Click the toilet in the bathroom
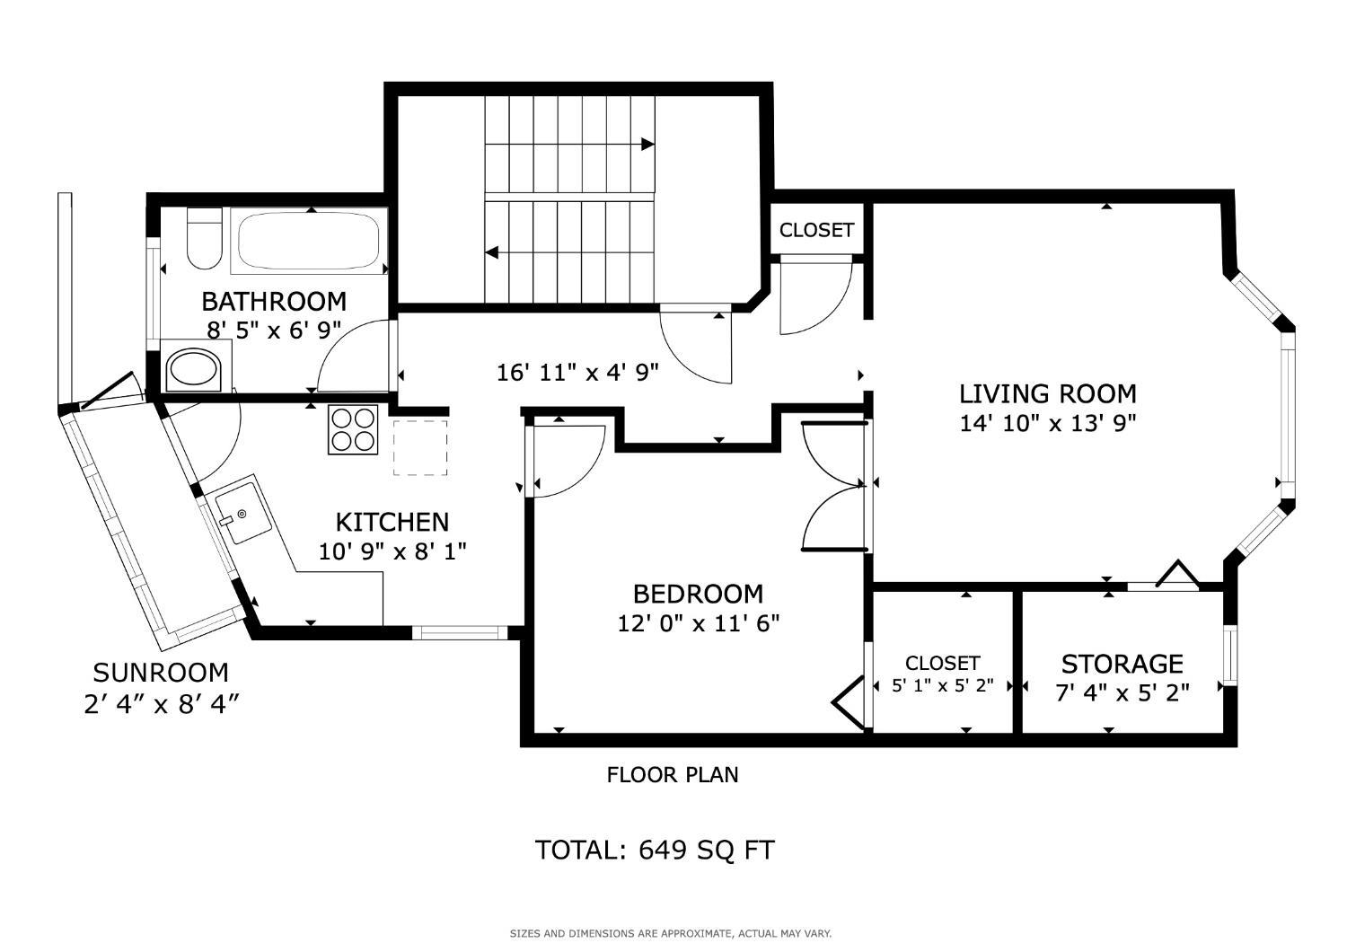pos(205,238)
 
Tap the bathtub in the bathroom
pos(309,241)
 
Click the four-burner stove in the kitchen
pos(353,429)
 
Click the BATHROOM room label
pos(274,301)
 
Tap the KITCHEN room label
pos(392,522)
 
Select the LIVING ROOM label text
pos(1048,394)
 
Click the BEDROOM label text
pos(698,595)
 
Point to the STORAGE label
pos(1122,665)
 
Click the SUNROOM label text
pos(161,673)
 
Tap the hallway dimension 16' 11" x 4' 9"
pos(578,373)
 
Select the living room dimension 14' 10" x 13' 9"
pos(1048,423)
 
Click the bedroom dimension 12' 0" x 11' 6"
pos(698,623)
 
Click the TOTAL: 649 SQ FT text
pos(655,850)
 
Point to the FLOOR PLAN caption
pos(673,774)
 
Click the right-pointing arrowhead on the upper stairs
pos(647,145)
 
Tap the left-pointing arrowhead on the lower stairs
pos(492,252)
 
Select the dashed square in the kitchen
pos(420,447)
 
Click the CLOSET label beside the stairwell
pos(816,230)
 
